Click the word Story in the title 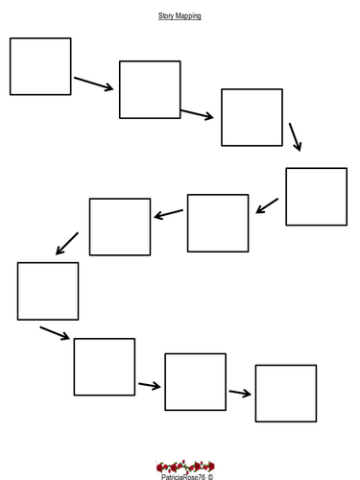coord(166,15)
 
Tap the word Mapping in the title coord(188,16)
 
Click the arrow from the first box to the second coord(94,84)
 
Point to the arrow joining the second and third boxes coord(197,114)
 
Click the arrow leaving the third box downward coord(295,136)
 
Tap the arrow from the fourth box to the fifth coord(267,205)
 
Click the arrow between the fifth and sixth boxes coord(169,214)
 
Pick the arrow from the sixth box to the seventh coord(67,244)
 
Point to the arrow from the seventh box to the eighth coord(55,333)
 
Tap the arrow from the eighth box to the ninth coord(150,386)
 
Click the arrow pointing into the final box coord(240,393)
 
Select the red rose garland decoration coord(185,467)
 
